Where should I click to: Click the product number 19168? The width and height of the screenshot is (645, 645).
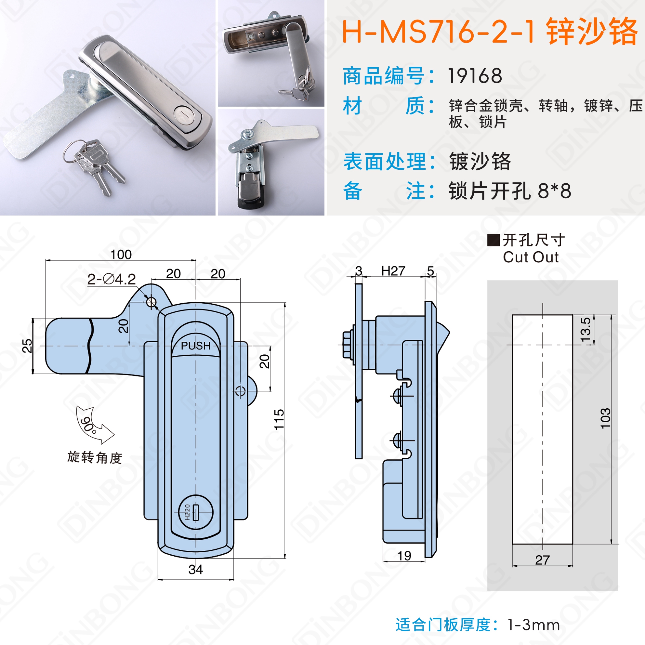coord(475,76)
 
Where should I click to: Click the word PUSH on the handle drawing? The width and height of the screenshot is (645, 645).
coord(196,346)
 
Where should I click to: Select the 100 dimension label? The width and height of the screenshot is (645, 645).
coord(121,255)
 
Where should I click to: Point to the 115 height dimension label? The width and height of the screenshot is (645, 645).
coord(279,419)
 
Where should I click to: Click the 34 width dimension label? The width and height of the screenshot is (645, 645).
coord(196,570)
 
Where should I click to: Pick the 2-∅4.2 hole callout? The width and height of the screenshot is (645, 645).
coord(112,279)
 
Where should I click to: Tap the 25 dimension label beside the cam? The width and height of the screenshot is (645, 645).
coord(27,346)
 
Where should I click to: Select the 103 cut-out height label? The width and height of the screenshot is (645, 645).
coord(605,418)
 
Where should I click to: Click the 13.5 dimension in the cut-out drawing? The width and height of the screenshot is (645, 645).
coord(586,330)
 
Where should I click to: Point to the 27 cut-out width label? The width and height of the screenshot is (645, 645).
coord(543,560)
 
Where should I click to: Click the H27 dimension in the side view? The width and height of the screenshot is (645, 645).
coord(393,271)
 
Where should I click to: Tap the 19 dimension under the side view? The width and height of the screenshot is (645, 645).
coord(404,556)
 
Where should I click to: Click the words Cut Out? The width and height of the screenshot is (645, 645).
coord(531,257)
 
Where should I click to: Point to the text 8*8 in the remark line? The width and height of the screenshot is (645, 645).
coord(555,191)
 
